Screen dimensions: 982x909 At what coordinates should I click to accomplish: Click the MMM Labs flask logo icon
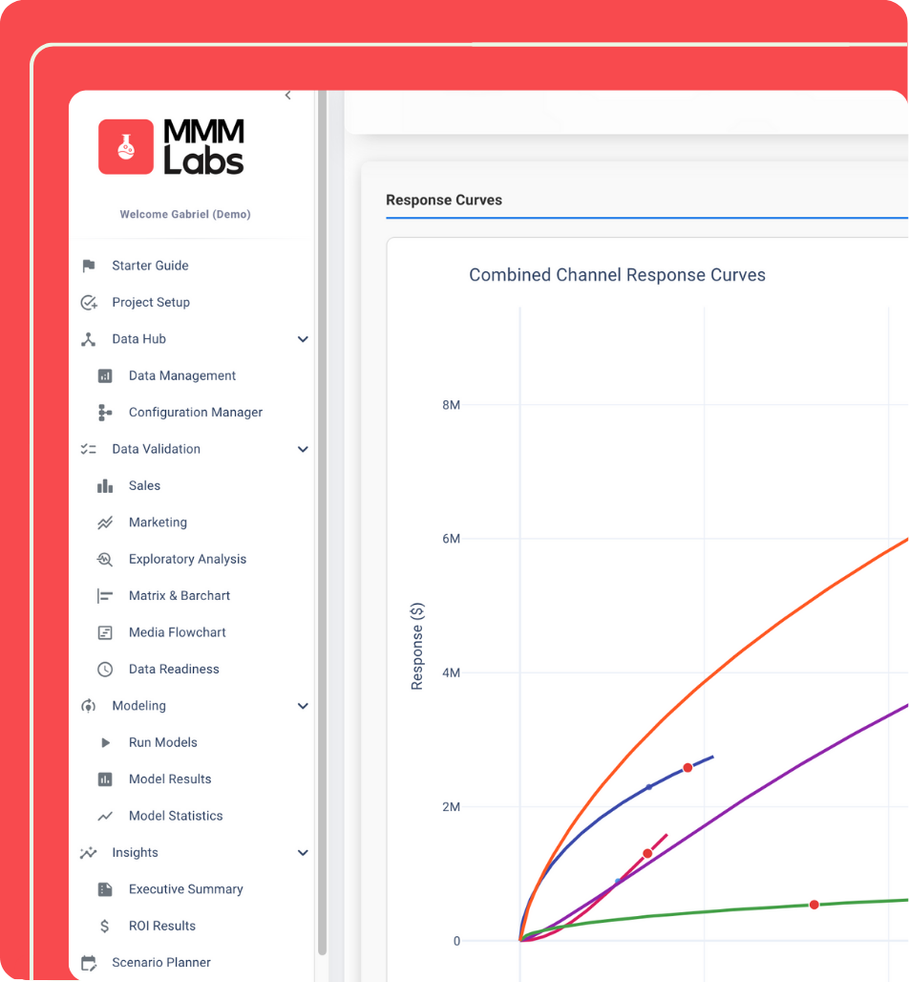click(125, 147)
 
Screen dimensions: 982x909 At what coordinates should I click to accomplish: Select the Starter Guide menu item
click(150, 266)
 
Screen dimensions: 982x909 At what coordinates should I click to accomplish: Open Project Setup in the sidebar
click(151, 302)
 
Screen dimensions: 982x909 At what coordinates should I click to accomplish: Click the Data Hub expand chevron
click(303, 339)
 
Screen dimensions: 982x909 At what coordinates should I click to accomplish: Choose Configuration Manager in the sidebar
click(195, 413)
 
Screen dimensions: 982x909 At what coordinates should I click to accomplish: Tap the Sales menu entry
click(144, 485)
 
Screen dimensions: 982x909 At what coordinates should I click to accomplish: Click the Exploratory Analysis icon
click(105, 559)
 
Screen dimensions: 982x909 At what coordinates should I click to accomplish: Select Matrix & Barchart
click(180, 596)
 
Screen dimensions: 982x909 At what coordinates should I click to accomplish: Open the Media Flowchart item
click(177, 632)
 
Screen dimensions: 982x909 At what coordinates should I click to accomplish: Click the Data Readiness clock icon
click(105, 670)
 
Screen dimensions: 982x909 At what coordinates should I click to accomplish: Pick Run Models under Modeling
click(162, 742)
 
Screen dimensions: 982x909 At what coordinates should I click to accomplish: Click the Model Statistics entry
click(176, 816)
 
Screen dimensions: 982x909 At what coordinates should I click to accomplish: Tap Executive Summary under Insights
click(185, 889)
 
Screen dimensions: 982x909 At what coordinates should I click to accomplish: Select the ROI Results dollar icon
click(105, 926)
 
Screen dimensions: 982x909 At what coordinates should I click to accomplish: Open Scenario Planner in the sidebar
click(160, 963)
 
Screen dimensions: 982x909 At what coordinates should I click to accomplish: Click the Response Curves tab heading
click(444, 201)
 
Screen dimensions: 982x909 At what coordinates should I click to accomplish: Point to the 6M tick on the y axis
click(451, 539)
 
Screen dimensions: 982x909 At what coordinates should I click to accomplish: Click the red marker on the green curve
click(814, 905)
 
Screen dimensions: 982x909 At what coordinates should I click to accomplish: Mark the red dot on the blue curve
click(687, 768)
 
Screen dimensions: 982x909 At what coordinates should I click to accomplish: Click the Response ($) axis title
click(417, 647)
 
